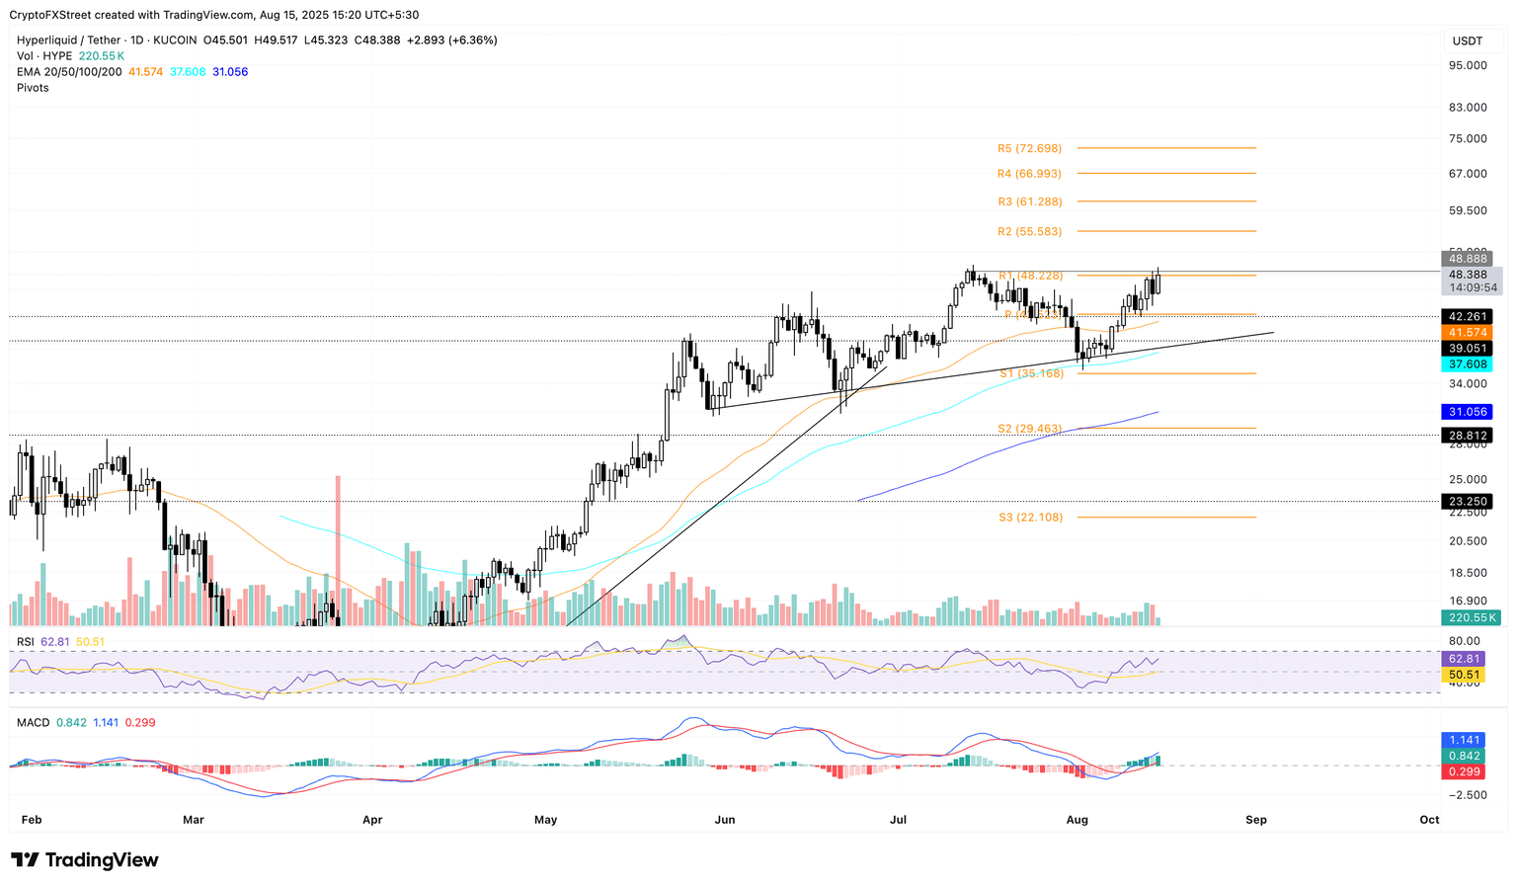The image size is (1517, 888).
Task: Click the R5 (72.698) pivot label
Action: [x=1029, y=148]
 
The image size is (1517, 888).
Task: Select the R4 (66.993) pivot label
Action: [x=1029, y=174]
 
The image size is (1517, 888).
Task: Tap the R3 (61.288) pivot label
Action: [x=1029, y=202]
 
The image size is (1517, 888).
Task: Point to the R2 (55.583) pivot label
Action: [x=1029, y=231]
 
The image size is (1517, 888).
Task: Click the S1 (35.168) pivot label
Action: [x=1030, y=373]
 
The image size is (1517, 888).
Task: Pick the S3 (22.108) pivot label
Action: [x=1030, y=518]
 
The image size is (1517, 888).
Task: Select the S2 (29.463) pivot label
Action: [x=1030, y=429]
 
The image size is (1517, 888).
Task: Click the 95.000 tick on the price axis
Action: [x=1467, y=65]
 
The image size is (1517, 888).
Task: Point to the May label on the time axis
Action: [x=545, y=820]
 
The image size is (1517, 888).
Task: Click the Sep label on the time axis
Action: [x=1255, y=820]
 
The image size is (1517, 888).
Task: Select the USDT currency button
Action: [x=1468, y=40]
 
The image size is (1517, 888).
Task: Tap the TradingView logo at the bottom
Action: [x=85, y=860]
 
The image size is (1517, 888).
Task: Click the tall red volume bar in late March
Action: [x=338, y=549]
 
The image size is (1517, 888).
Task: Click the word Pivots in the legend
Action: [x=33, y=88]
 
